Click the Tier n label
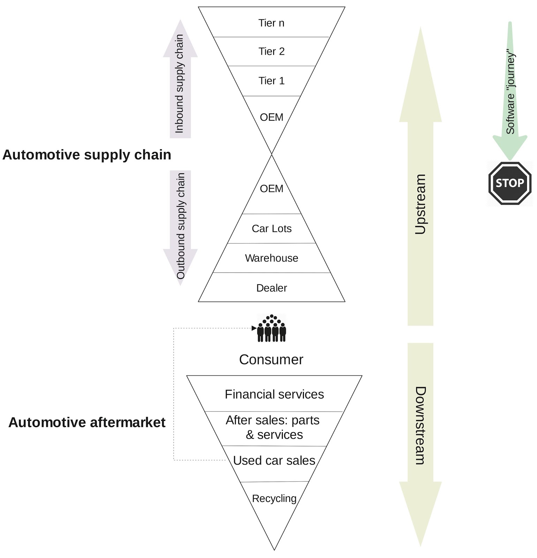click(271, 23)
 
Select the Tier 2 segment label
click(271, 52)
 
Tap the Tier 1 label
click(271, 81)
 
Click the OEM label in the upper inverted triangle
click(271, 117)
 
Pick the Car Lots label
click(271, 229)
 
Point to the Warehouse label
click(271, 258)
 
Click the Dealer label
click(271, 288)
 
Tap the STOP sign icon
click(509, 183)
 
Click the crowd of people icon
click(272, 329)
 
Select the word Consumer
click(271, 360)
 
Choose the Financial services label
click(274, 394)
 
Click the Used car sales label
click(274, 461)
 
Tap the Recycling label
click(274, 499)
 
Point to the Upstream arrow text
click(421, 204)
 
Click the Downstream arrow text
click(421, 425)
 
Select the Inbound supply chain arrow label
click(180, 84)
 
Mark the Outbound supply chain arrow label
click(180, 226)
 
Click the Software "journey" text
click(510, 93)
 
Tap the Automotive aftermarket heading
click(87, 423)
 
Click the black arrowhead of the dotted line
click(254, 328)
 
